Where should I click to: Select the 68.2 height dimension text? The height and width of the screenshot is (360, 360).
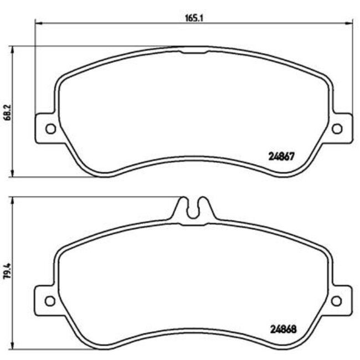click(7, 112)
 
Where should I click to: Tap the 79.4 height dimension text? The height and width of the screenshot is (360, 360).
click(7, 273)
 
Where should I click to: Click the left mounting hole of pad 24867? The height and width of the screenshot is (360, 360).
click(50, 129)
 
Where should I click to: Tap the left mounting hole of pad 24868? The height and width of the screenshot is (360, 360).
click(50, 301)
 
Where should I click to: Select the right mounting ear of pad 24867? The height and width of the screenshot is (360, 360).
click(341, 129)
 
